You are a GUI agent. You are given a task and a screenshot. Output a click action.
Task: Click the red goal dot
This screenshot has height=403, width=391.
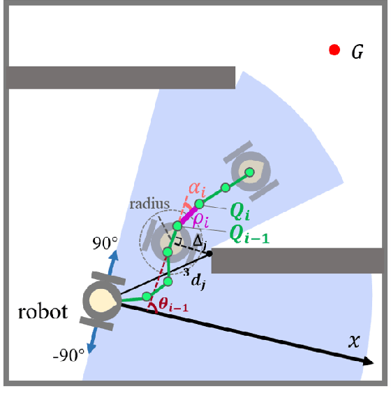tap(334, 50)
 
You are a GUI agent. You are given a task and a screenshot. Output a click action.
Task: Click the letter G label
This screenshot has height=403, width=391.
tap(357, 52)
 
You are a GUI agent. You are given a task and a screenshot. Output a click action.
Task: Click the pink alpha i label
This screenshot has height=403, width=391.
tap(198, 187)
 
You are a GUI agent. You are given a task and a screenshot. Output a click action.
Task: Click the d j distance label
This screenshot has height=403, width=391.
tap(200, 282)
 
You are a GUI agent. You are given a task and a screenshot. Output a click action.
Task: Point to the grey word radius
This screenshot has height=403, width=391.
tap(150, 203)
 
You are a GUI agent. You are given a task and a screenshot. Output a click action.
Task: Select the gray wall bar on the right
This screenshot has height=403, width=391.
tap(298, 261)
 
